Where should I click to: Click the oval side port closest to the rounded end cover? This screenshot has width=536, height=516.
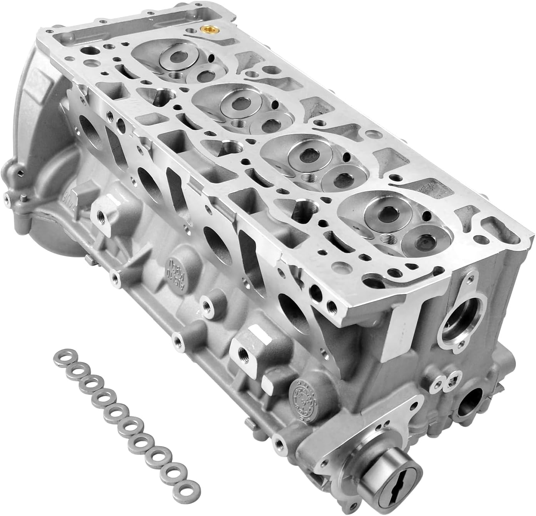point(88,132)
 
